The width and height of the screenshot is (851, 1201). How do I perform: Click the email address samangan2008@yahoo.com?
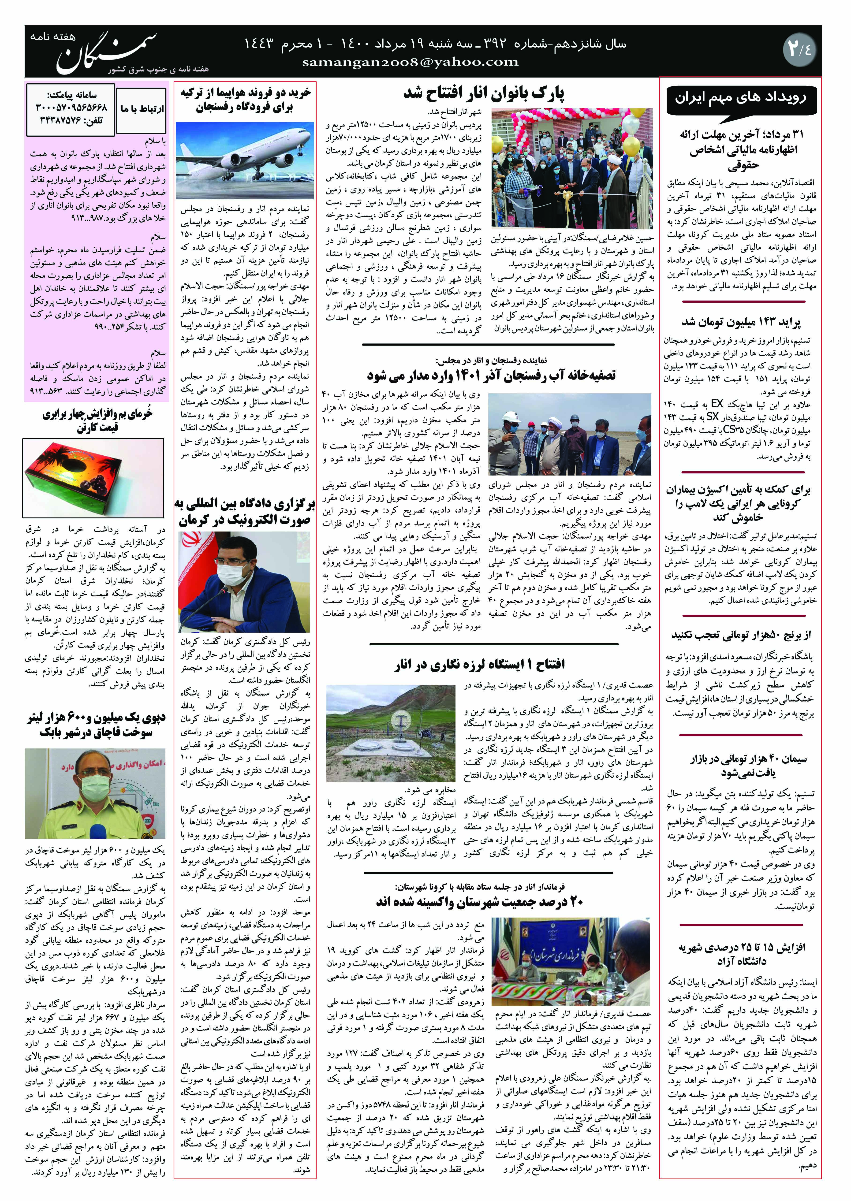coord(410,62)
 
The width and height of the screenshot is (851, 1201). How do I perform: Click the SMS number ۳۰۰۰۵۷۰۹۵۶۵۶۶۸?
coord(71,107)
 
